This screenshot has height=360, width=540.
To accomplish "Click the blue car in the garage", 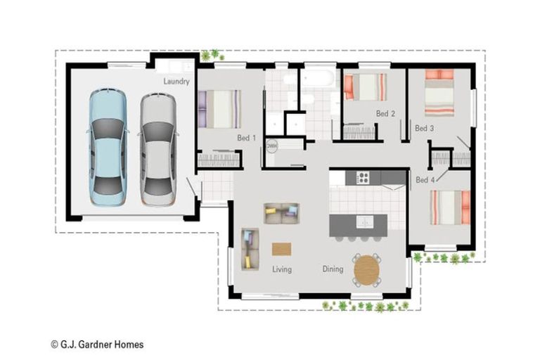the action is point(108,148).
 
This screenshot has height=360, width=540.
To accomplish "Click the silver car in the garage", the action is point(158,150).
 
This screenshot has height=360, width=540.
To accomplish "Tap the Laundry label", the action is point(176,82).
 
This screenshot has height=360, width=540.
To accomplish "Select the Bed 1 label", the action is point(247,138).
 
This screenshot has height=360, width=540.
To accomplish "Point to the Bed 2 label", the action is point(385,113).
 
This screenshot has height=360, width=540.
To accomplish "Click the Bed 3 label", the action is point(424,128).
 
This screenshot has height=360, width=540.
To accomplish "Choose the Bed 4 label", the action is point(425,180).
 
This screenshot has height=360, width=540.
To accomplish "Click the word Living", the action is point(282,269).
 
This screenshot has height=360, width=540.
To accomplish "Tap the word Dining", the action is point(333,269).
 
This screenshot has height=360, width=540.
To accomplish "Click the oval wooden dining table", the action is point(367,271).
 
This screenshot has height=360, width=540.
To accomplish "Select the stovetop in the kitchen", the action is point(364,178).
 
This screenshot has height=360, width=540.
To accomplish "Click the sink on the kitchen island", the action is point(365,222).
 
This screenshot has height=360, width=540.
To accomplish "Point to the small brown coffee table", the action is point(282,249).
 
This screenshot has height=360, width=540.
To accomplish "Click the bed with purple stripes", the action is point(219,109).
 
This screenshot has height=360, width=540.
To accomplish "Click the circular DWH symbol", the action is point(271,146).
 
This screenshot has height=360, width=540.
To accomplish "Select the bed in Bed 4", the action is point(451,207).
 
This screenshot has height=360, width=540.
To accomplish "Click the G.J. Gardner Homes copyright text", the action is point(97,344).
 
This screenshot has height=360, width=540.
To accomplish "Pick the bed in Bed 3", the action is point(439,93).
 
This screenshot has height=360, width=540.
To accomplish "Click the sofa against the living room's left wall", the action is point(250,249).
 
